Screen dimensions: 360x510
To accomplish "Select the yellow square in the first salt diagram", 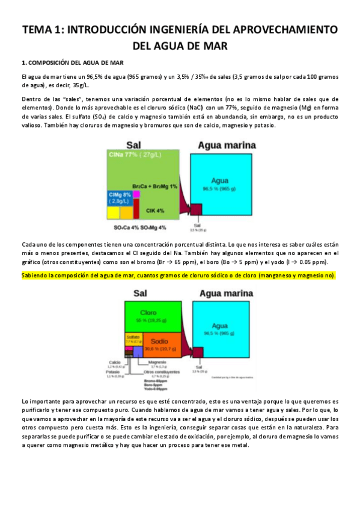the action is tap(112, 212).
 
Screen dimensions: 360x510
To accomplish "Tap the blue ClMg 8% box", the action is tap(120, 198).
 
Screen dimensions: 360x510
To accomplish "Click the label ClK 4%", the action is tap(156, 210).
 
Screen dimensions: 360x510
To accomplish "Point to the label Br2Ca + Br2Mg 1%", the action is tap(155, 187).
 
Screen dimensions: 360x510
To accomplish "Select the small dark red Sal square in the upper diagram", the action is tap(195, 210).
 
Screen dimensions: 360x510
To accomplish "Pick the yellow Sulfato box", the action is tap(133, 339).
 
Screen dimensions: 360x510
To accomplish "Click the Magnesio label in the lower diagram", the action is tap(157, 363).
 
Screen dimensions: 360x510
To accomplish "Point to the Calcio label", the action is tap(115, 362).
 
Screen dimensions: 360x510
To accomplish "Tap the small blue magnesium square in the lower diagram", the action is tap(138, 351).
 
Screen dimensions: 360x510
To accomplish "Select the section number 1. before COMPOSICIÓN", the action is tap(23, 62).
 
